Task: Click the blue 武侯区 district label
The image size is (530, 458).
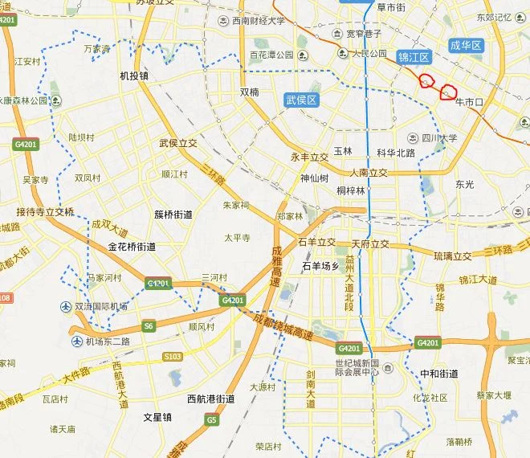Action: [302, 100]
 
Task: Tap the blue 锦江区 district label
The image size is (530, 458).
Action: [414, 57]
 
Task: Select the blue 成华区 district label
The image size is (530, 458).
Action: [465, 46]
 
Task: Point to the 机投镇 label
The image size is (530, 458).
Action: [134, 76]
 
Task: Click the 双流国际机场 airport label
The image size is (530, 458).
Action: [101, 306]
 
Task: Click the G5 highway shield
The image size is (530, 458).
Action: [211, 419]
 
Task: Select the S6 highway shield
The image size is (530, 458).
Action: [148, 325]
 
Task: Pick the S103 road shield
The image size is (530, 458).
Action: [172, 356]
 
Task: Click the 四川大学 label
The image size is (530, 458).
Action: [438, 138]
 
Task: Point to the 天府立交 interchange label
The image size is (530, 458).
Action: [369, 243]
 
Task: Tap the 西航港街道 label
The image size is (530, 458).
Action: [210, 399]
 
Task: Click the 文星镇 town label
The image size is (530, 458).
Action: [157, 417]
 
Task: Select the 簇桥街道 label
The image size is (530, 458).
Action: [173, 215]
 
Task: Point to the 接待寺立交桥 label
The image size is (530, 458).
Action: [45, 212]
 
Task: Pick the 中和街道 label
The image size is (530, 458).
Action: [439, 374]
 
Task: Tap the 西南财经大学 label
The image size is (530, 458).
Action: [258, 22]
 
